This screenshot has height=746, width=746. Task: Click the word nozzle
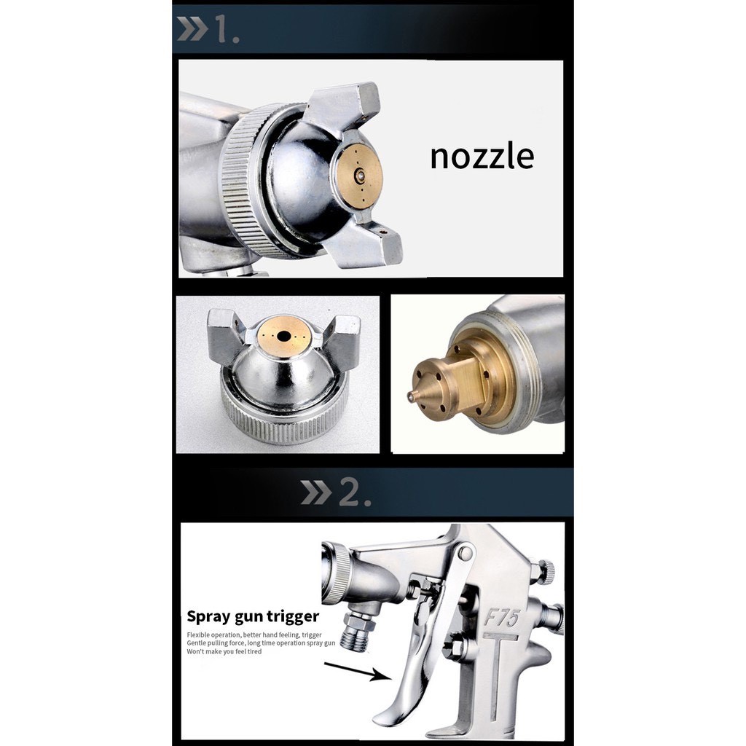[x=482, y=157]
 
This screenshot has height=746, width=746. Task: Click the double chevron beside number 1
[x=192, y=29]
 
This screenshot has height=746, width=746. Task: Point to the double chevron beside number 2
[x=316, y=492]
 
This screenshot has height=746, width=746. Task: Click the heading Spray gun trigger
[x=253, y=616]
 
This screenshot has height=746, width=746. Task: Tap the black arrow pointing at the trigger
[x=357, y=670]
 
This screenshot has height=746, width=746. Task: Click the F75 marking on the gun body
[x=501, y=618]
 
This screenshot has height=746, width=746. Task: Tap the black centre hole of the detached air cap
[x=284, y=337]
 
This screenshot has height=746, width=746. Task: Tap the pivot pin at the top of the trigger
[x=465, y=552]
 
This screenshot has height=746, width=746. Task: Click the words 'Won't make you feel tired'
[x=224, y=652]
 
